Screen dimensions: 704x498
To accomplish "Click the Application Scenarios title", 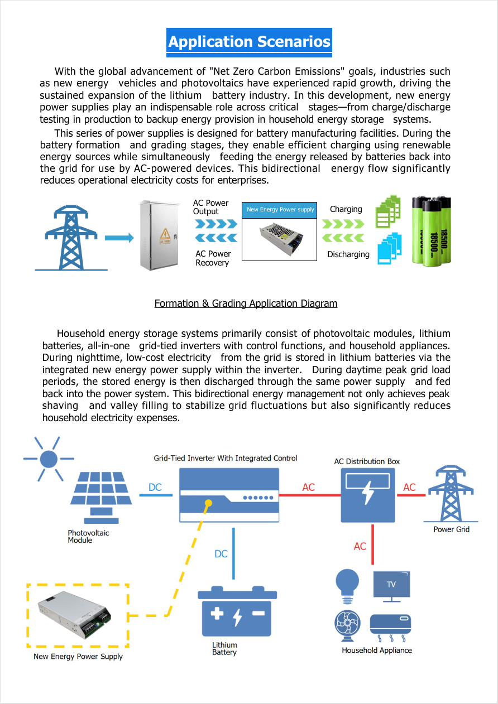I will click(x=249, y=42).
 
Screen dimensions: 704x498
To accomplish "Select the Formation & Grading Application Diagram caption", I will click(x=246, y=303).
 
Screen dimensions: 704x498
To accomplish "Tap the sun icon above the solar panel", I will click(x=49, y=459).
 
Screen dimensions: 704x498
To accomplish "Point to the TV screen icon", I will click(x=391, y=585).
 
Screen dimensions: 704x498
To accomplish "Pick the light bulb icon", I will click(x=347, y=584).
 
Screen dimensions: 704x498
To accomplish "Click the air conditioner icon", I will click(x=390, y=625).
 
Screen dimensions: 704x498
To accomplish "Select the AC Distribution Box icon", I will click(x=368, y=495).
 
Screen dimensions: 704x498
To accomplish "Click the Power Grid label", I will click(x=452, y=529).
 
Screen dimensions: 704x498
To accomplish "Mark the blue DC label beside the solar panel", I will click(x=155, y=488).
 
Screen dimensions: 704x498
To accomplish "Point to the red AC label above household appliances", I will click(x=360, y=546).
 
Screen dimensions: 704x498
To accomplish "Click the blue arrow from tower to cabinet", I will click(x=119, y=238).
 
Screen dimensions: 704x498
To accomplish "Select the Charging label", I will click(x=346, y=209).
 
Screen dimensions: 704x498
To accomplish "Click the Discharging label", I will click(x=348, y=254).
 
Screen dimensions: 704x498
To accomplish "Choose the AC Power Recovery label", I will click(x=213, y=258).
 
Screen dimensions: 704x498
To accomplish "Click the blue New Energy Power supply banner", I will click(x=280, y=210).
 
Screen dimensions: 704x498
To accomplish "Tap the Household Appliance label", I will click(x=377, y=650).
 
